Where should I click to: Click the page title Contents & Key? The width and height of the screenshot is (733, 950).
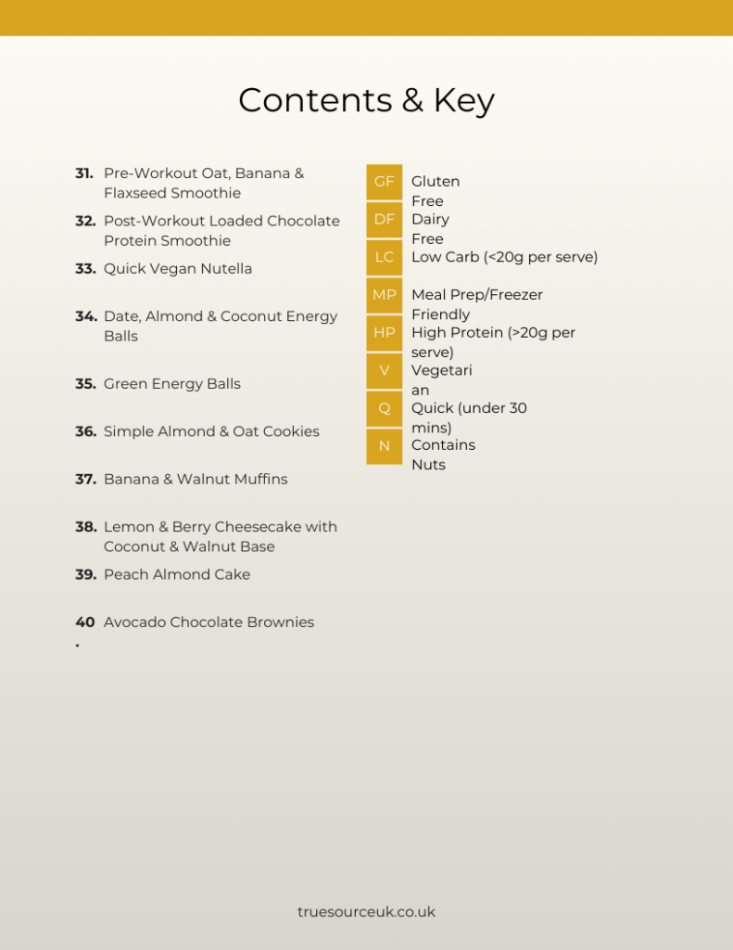(x=366, y=100)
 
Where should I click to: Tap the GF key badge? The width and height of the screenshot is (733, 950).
(x=384, y=182)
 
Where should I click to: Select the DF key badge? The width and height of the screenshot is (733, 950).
(x=384, y=220)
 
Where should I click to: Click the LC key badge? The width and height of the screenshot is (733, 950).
(x=384, y=257)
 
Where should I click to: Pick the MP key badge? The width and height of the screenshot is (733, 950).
(x=384, y=295)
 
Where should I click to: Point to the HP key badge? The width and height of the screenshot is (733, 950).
(x=384, y=332)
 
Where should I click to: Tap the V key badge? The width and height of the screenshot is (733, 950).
(x=384, y=370)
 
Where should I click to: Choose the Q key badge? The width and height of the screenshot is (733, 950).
(x=384, y=408)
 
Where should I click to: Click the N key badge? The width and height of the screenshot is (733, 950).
(x=384, y=445)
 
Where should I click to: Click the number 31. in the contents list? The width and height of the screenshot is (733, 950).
(x=84, y=173)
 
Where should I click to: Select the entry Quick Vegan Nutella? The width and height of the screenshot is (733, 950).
(x=178, y=269)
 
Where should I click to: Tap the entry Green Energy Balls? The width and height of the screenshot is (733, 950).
(x=172, y=384)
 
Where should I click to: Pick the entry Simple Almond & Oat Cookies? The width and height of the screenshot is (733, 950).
(x=211, y=431)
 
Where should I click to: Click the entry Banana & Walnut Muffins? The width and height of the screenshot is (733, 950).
(x=196, y=480)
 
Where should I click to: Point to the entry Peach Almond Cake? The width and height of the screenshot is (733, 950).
(x=177, y=575)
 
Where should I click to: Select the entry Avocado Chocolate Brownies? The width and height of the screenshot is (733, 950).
(x=209, y=623)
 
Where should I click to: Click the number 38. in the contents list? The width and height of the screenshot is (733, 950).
(x=85, y=527)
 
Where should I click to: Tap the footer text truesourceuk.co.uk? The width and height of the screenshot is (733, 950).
(x=366, y=912)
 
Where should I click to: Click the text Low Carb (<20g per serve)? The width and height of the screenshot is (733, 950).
(x=504, y=257)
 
